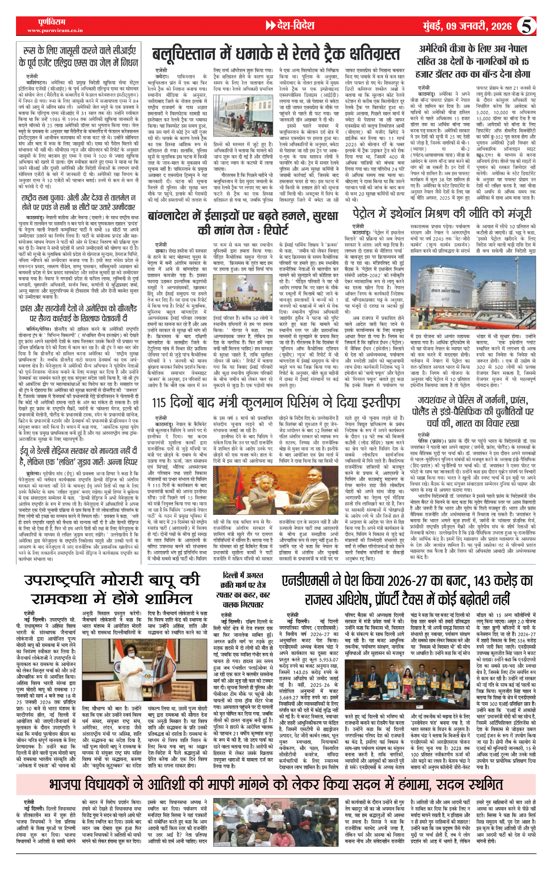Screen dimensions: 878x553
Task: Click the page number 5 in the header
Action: [526, 26]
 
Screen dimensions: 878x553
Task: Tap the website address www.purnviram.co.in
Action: [55, 30]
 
